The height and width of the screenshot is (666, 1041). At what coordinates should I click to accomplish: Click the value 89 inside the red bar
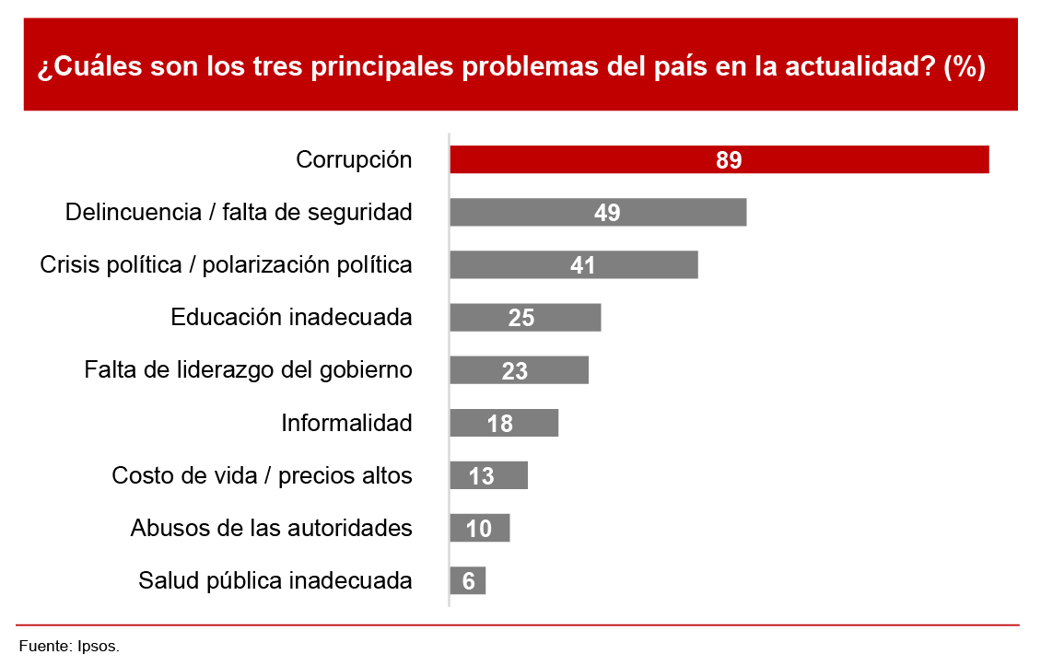(x=729, y=160)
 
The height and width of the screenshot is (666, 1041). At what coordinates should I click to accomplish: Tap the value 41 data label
(x=582, y=265)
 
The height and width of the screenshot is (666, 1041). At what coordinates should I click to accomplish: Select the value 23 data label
(x=515, y=371)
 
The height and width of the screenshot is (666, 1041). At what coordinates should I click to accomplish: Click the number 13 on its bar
(x=482, y=476)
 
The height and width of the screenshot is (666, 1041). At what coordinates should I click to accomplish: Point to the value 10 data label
(x=479, y=529)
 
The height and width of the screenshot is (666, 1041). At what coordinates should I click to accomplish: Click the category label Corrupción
(x=354, y=160)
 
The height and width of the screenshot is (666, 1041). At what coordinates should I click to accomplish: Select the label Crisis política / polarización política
(x=227, y=265)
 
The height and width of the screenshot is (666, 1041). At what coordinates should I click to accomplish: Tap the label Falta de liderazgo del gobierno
(x=248, y=370)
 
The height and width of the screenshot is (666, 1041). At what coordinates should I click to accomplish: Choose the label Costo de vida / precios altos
(x=262, y=476)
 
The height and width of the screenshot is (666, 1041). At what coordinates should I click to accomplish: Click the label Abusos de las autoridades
(x=271, y=529)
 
